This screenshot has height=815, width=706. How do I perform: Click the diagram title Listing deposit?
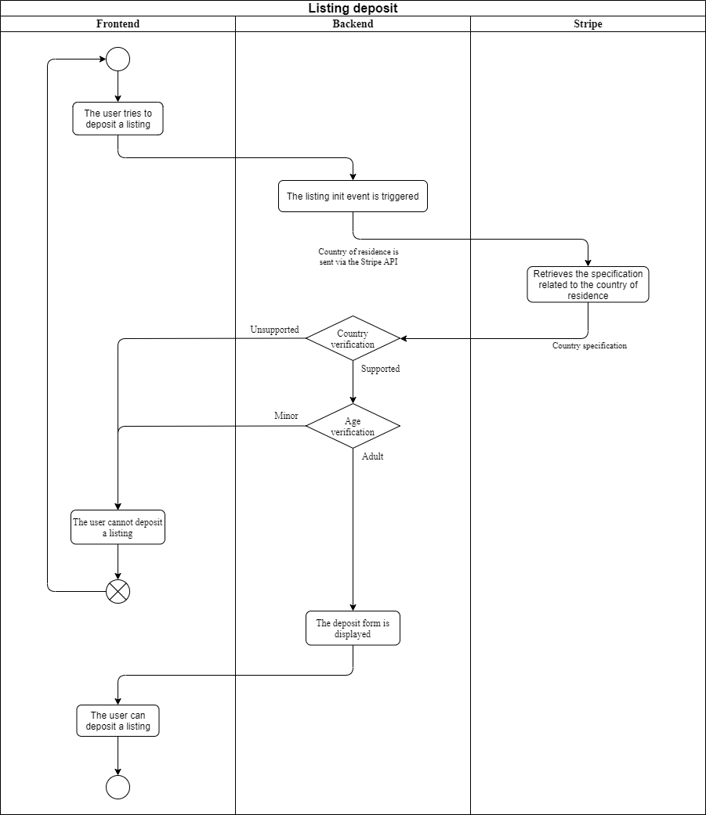353,9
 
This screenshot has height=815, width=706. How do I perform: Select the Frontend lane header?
118,24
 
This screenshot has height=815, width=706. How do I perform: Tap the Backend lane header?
353,24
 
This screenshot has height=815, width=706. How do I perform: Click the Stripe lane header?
588,24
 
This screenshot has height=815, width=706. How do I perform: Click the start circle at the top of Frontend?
118,60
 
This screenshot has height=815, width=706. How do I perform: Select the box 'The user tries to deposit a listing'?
118,118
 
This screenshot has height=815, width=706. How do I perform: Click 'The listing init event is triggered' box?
353,196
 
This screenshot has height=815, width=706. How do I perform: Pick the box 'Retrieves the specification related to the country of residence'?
588,284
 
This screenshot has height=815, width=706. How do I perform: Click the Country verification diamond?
353,338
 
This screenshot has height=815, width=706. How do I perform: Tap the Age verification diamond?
353,426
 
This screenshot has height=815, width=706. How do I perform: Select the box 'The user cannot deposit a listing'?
118,527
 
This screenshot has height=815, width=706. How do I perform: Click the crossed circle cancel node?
118,592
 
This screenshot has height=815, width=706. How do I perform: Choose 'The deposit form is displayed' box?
353,629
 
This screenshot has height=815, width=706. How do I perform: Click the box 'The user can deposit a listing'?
118,720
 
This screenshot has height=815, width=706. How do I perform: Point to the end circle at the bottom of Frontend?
118,788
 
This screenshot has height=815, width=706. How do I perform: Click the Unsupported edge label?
275,330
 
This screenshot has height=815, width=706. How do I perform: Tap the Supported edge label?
380,369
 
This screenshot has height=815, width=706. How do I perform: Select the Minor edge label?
286,415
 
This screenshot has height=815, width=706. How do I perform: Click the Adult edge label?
372,456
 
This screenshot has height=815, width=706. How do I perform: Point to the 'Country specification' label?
589,345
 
